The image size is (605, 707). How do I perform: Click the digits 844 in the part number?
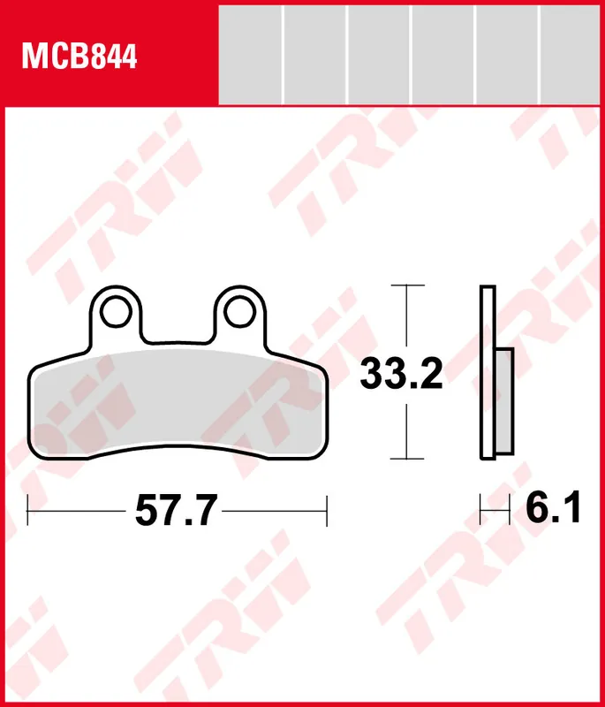[114, 57]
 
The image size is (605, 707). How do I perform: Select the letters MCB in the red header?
[54, 57]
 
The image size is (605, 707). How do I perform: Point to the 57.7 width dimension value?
[176, 510]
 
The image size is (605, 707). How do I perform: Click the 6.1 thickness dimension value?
[553, 509]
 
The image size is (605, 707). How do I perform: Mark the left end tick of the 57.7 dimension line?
[28, 510]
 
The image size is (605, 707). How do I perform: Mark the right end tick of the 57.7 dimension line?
[327, 510]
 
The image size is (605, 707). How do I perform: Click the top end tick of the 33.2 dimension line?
[405, 285]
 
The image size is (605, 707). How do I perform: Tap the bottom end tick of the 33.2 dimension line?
[405, 460]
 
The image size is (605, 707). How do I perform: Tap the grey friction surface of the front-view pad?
[177, 402]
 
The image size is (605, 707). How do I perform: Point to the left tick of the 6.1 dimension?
[480, 510]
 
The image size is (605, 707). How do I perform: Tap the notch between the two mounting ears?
[176, 338]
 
